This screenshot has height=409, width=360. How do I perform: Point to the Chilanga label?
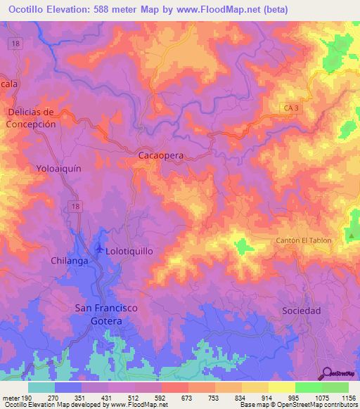click(70, 261)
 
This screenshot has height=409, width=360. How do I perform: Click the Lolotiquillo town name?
click(129, 250)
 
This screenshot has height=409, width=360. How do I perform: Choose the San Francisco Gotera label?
click(98, 314)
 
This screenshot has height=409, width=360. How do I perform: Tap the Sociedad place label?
click(301, 310)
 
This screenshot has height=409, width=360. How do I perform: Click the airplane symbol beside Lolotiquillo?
click(98, 249)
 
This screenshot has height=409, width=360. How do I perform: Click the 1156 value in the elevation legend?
click(348, 398)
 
